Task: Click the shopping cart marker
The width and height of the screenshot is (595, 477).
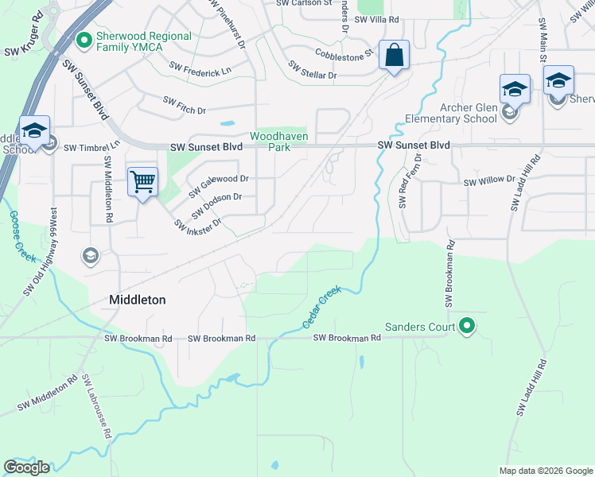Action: coord(143,182)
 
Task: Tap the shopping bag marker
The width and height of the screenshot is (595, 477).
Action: coord(394,56)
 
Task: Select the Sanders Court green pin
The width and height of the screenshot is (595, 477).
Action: coord(467,326)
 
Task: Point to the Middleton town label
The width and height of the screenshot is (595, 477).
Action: coord(137,300)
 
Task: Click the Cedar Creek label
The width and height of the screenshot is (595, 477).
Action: coord(321,308)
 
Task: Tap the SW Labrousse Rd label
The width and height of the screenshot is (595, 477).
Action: coord(96,406)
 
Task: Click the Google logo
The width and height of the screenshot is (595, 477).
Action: coord(26,467)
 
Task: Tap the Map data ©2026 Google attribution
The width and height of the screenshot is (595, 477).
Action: coord(545,471)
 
